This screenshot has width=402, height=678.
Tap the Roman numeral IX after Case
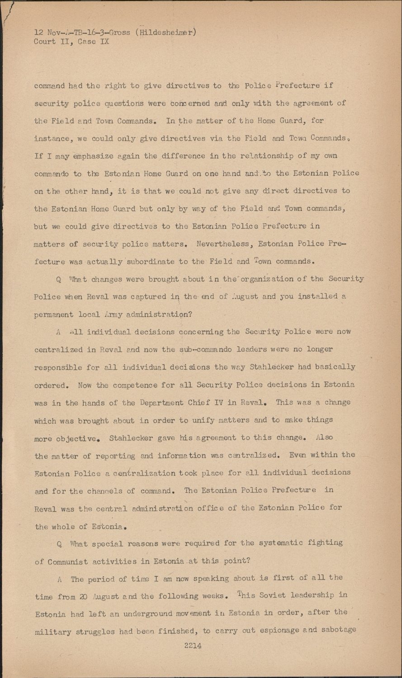coord(104,42)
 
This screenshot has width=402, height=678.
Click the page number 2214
coord(193,645)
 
